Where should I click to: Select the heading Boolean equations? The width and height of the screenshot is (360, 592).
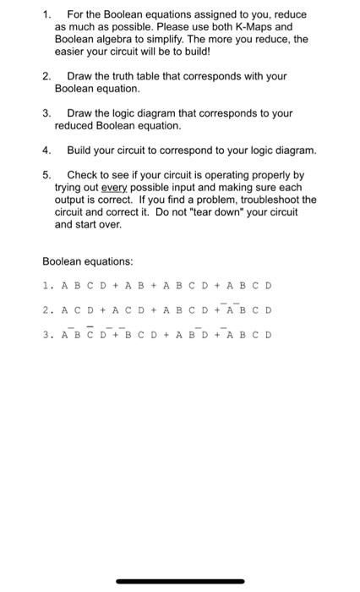pyautogui.click(x=88, y=262)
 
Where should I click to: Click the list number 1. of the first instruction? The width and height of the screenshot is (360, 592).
pyautogui.click(x=47, y=14)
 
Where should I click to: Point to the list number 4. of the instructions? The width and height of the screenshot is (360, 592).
pyautogui.click(x=47, y=150)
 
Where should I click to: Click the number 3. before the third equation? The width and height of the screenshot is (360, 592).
pyautogui.click(x=47, y=334)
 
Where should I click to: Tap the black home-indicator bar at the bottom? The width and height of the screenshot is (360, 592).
pyautogui.click(x=180, y=581)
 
